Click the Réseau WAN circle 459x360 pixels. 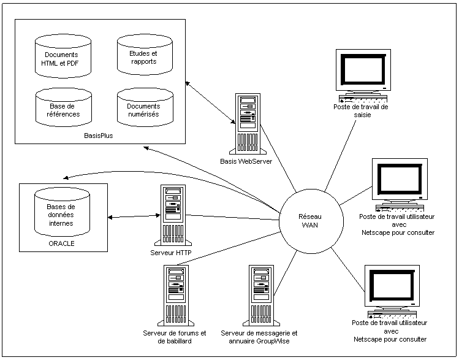(309, 221)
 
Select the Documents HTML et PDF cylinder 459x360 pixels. (61, 58)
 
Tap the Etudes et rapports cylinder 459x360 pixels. (143, 58)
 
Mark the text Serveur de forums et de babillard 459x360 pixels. (174, 337)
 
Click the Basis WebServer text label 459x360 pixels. (245, 161)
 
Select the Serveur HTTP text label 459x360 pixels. (172, 252)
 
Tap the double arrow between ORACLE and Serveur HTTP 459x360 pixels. (133, 216)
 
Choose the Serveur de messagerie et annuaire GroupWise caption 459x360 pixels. (259, 337)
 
